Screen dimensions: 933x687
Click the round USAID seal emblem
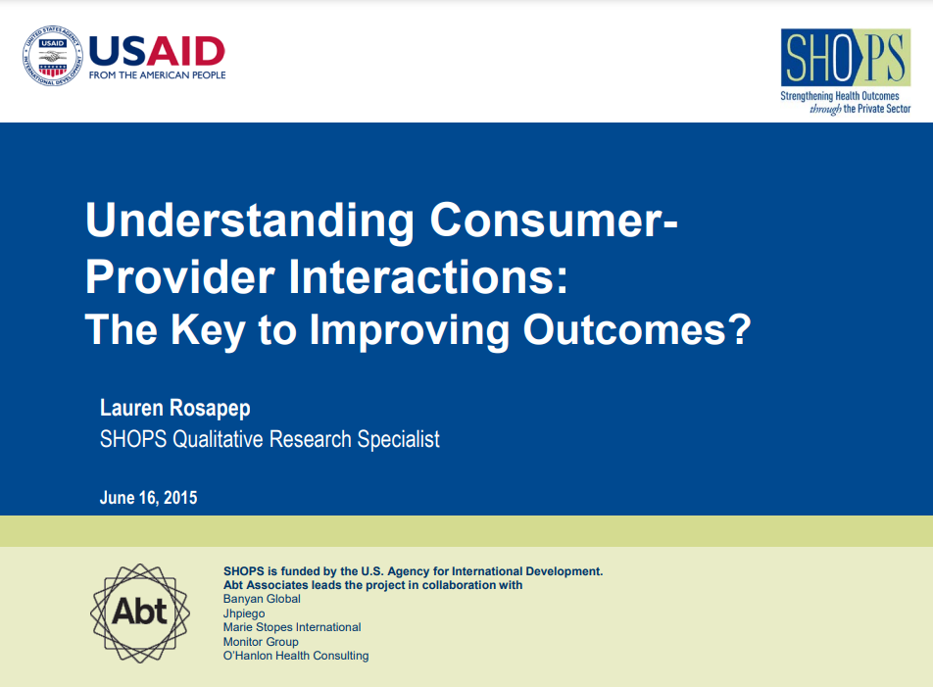[52, 57]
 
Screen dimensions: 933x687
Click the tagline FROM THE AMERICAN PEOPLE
[157, 74]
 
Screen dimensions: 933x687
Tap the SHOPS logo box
[846, 57]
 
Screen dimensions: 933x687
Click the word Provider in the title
[179, 277]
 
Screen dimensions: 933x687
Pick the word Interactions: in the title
[428, 277]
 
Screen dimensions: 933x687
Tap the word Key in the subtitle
[208, 330]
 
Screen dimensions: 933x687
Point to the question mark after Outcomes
[740, 328]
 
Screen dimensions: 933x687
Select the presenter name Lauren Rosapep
[174, 409]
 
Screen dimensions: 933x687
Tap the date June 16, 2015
[148, 498]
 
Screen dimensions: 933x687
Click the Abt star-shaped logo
[140, 613]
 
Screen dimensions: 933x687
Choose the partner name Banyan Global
[262, 599]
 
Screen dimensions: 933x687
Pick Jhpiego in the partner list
[244, 613]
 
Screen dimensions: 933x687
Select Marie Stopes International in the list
[292, 627]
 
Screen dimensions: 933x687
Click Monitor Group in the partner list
[261, 642]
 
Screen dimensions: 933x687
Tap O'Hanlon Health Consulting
[296, 656]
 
